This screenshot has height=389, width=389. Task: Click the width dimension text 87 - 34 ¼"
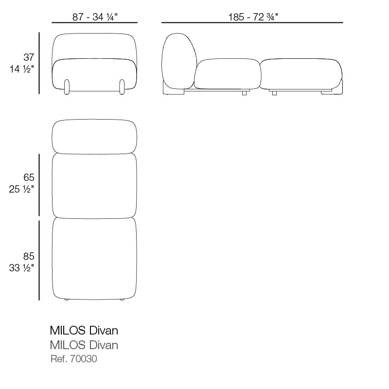point(95,17)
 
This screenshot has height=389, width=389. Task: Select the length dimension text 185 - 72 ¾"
point(253,17)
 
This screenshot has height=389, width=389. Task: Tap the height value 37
point(29,57)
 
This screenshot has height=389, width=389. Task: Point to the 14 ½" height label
point(21,69)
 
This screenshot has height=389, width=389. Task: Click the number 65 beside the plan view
point(29,177)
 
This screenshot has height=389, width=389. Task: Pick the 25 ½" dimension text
point(21,189)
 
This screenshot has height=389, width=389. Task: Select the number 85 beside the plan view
point(29,256)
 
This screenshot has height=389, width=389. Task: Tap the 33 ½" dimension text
point(21,268)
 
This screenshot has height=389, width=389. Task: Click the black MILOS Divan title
point(84,331)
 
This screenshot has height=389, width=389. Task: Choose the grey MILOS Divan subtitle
point(84,345)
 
